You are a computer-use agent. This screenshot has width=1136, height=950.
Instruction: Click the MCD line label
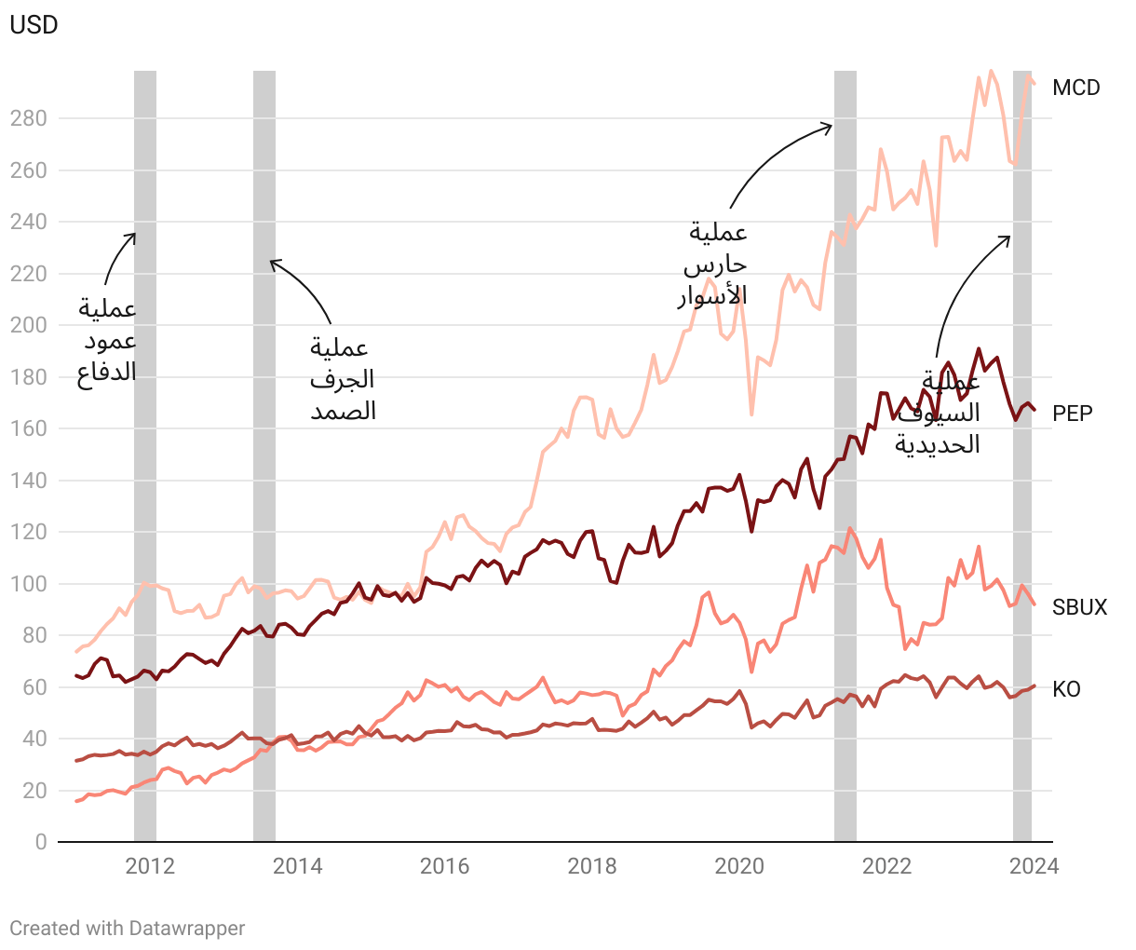click(x=1075, y=88)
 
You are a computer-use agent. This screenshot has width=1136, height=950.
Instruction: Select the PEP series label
click(x=1073, y=414)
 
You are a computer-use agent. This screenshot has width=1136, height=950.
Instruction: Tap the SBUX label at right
click(x=1079, y=607)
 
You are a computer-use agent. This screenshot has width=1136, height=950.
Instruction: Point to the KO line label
click(x=1066, y=689)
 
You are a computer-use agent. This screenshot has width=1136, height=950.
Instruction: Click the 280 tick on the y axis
click(x=28, y=119)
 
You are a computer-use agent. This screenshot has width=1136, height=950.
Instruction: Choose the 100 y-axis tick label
click(x=28, y=584)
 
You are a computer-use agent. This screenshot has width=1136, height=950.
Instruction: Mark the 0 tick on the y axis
click(x=40, y=842)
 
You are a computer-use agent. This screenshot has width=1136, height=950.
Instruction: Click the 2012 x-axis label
click(x=150, y=866)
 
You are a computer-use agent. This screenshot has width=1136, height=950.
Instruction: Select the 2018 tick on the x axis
click(x=592, y=866)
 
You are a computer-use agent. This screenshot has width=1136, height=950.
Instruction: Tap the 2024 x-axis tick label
click(x=1034, y=866)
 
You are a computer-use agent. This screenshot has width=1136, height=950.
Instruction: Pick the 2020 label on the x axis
click(x=739, y=866)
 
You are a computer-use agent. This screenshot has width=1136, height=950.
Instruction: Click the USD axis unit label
click(x=34, y=25)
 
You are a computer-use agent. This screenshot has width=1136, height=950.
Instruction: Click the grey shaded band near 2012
click(x=145, y=456)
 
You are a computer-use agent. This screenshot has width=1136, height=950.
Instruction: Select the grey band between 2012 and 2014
click(x=264, y=456)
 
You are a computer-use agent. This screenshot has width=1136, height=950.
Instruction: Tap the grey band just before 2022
click(x=845, y=456)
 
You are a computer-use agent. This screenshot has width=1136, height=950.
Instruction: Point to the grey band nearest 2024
click(x=1022, y=456)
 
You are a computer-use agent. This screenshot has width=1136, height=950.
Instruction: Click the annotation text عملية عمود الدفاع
click(x=107, y=341)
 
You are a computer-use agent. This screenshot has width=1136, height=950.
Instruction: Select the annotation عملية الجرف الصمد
click(x=343, y=379)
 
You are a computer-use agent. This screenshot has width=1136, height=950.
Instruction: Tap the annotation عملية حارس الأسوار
click(x=713, y=265)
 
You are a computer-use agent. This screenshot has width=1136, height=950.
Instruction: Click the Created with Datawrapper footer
click(x=128, y=929)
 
